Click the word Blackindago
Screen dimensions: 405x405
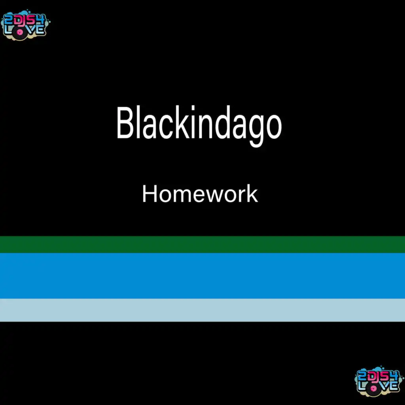tap(199, 126)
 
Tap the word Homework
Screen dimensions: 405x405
tap(200, 194)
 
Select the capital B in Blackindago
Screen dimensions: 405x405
tap(126, 123)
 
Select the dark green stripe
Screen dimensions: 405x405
tap(202, 244)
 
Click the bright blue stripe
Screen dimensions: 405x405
tap(202, 276)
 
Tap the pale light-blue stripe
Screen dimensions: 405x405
tap(202, 310)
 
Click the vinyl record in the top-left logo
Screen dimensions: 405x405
tap(19, 33)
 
